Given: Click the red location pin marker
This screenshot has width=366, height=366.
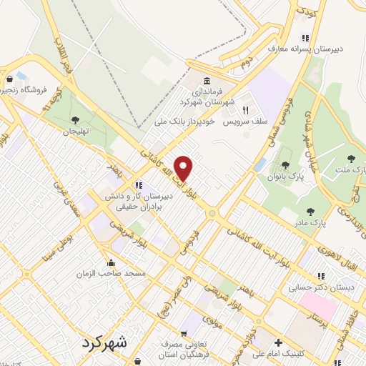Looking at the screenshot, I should tap(184, 167).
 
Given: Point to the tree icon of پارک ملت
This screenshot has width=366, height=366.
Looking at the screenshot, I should tap(350, 158).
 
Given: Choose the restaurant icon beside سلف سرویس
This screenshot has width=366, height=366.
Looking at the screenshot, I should tap(244, 111).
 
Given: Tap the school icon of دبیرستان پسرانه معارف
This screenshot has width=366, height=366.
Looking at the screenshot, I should tap(305, 38).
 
